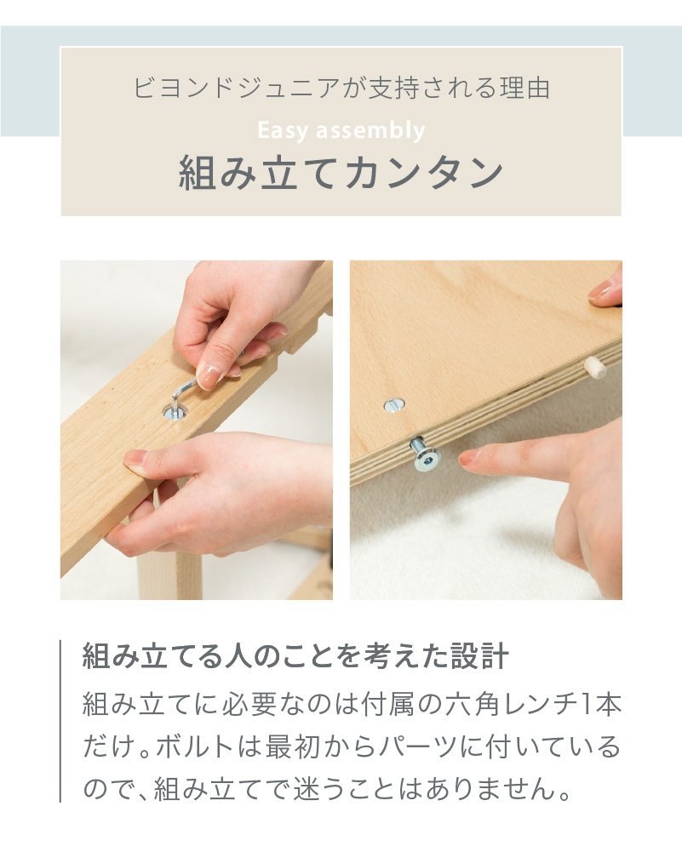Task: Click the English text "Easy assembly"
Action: coord(341,131)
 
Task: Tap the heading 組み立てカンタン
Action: coord(341,174)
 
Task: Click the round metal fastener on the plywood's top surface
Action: coord(393,405)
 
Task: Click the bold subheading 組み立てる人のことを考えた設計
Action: coord(295,657)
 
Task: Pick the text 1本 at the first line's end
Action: coord(602,705)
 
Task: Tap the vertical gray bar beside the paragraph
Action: coord(61,720)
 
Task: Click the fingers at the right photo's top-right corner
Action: coord(605,288)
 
